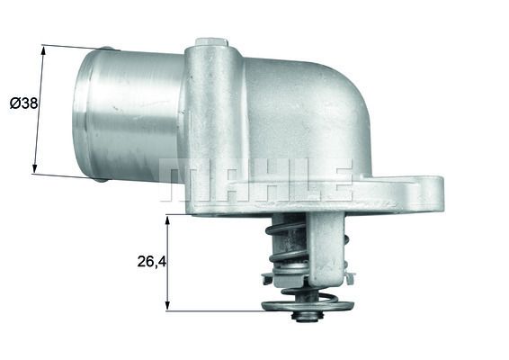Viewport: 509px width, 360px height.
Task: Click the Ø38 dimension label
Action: [23, 103]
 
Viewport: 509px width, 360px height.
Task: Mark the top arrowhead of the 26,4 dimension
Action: [168, 219]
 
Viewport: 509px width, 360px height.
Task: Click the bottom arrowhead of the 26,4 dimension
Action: [168, 307]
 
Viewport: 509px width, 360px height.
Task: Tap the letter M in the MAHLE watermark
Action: [178, 179]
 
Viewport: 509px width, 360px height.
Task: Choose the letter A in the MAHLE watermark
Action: [219, 179]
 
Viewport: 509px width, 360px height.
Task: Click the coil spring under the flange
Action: [290, 252]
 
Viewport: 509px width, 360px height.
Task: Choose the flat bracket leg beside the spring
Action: [332, 247]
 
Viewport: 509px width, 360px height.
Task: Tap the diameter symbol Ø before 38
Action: [14, 103]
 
